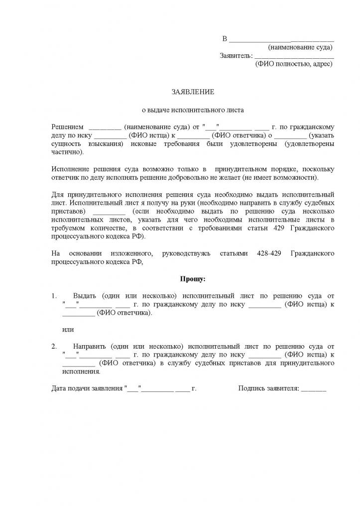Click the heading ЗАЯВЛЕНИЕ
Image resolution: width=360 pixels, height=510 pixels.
(193, 92)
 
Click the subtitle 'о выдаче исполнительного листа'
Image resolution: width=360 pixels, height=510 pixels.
(193, 110)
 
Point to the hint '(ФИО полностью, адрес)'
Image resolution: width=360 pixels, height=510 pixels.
(293, 64)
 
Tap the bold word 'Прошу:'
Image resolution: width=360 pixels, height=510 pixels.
(193, 279)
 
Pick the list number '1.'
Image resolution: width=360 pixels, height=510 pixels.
(55, 296)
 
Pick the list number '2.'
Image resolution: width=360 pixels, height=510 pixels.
(55, 346)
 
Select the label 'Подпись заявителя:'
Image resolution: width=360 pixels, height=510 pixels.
(268, 388)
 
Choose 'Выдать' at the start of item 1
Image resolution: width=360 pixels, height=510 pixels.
(84, 296)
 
